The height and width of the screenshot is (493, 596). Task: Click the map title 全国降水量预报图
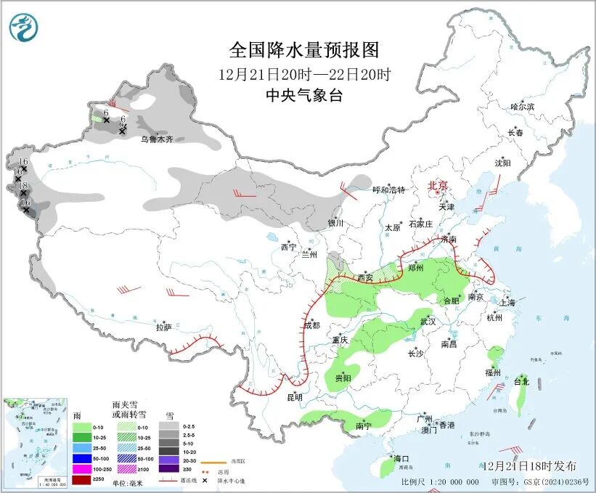click(304, 50)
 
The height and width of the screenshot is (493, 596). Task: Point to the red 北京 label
click(438, 186)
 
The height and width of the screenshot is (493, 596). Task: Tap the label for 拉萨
click(163, 327)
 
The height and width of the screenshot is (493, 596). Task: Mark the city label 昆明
click(294, 397)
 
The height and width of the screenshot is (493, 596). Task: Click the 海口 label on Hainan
click(402, 458)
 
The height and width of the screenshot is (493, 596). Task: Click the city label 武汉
click(428, 321)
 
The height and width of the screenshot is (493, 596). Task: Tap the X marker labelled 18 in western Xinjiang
click(23, 193)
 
